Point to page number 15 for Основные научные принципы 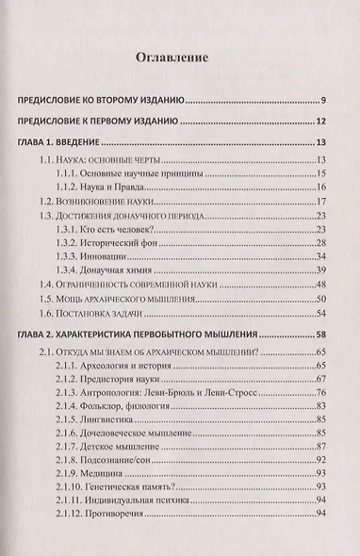click(x=320, y=173)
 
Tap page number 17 click(x=320, y=203)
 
